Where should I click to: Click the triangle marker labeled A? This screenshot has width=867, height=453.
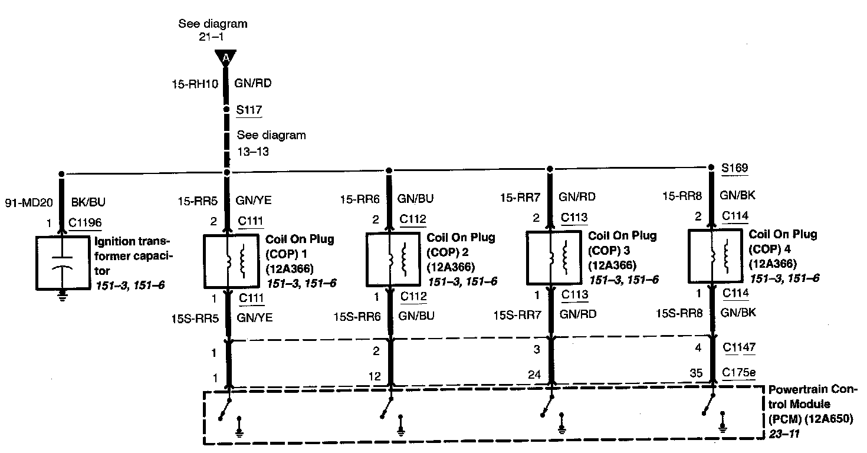pyautogui.click(x=225, y=58)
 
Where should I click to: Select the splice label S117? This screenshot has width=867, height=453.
pyautogui.click(x=249, y=110)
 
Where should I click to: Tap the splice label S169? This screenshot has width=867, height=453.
pyautogui.click(x=735, y=168)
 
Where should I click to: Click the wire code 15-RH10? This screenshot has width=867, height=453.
pyautogui.click(x=198, y=84)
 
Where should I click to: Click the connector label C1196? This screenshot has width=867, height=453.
pyautogui.click(x=85, y=223)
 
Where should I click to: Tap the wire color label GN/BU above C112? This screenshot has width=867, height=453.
pyautogui.click(x=416, y=199)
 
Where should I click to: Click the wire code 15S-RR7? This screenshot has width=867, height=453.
pyautogui.click(x=517, y=315)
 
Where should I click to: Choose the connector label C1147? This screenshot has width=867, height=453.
pyautogui.click(x=740, y=348)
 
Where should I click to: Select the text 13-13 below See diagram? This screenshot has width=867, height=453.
pyautogui.click(x=254, y=151)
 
